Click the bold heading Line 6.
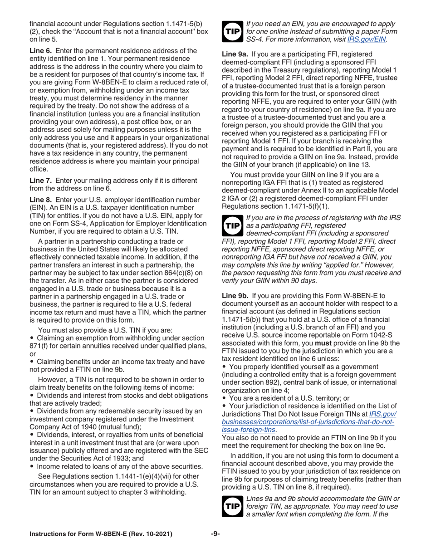pyautogui.click(x=41, y=50)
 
